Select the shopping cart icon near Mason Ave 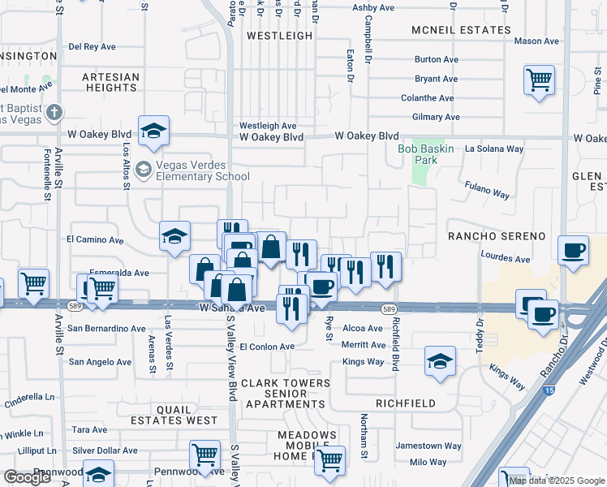tap(539, 80)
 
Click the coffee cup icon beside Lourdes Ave tap(574, 251)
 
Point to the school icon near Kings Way tap(439, 361)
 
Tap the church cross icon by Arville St tap(54, 112)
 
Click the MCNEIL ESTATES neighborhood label tap(461, 30)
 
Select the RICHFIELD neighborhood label tap(406, 403)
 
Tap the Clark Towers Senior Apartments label tap(286, 393)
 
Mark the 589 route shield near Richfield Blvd tap(388, 308)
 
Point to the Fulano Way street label tap(487, 190)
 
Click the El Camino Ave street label tap(95, 240)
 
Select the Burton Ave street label tap(436, 59)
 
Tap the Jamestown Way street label tap(428, 446)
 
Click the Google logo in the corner tap(28, 477)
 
